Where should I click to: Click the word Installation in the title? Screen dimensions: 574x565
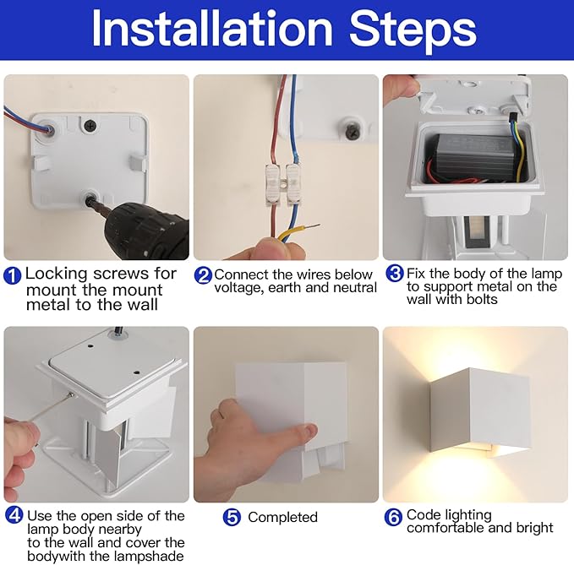click(x=211, y=29)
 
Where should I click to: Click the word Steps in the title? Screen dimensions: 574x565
click(x=413, y=30)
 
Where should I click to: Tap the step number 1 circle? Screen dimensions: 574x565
click(x=13, y=275)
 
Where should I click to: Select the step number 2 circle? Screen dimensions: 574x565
click(x=203, y=275)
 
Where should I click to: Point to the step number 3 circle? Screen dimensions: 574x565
click(x=395, y=273)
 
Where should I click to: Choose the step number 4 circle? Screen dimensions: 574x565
click(x=14, y=515)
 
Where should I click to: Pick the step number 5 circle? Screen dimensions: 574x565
click(x=232, y=518)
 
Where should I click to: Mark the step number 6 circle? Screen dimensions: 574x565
click(x=393, y=517)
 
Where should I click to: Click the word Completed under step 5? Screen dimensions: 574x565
click(x=282, y=518)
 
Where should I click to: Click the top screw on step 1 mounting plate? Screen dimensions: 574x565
click(x=90, y=126)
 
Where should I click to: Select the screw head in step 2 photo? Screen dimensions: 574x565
click(x=352, y=129)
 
